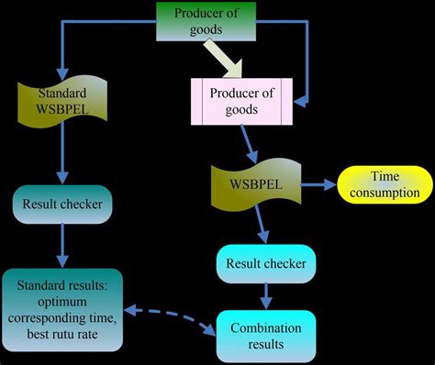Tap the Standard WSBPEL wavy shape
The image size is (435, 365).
pos(61,102)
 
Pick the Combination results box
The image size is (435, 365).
pos(265,335)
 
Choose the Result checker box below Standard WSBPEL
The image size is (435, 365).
pos(61,203)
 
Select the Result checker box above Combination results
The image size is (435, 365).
pos(265,264)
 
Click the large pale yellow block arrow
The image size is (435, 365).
pos(223,62)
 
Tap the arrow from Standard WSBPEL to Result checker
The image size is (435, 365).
pos(61,155)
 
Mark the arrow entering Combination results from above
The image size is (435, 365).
pos(266,295)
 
